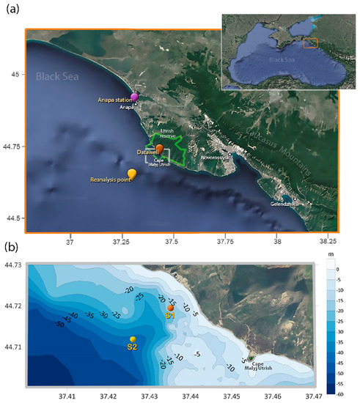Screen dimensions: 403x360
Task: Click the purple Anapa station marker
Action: coord(134,97)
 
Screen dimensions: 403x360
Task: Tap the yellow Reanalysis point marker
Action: coord(132,174)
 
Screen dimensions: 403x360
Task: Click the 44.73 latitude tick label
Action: coord(12,265)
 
